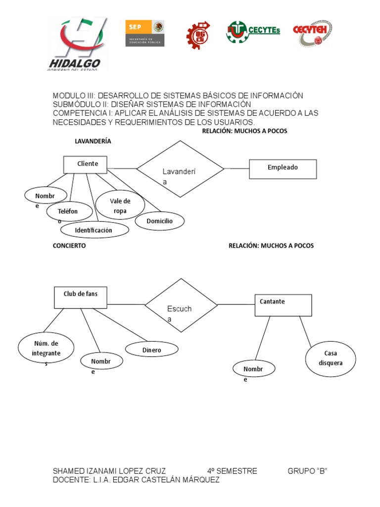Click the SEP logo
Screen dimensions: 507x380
coord(144,33)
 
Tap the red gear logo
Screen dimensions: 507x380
coord(197,36)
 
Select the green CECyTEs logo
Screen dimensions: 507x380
coord(253,33)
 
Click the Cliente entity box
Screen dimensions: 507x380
coord(88,164)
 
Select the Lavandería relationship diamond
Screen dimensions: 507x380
coord(181,169)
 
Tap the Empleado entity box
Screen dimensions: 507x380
coord(283,168)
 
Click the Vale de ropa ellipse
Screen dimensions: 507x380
coord(120,205)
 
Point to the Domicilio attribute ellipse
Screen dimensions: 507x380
coord(159,221)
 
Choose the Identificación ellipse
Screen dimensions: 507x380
coord(94,230)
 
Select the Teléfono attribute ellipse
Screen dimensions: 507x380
coord(69,212)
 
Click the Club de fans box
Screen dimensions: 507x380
coord(81,297)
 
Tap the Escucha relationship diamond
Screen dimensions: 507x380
coord(181,305)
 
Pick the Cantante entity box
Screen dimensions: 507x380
coord(283,305)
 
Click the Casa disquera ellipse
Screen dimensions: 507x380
coord(331,358)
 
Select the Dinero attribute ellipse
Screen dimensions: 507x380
coord(151,350)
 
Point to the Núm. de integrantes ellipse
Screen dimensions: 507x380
coord(46,348)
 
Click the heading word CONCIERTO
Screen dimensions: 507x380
coord(69,246)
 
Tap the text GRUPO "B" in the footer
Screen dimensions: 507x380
coord(308,471)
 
